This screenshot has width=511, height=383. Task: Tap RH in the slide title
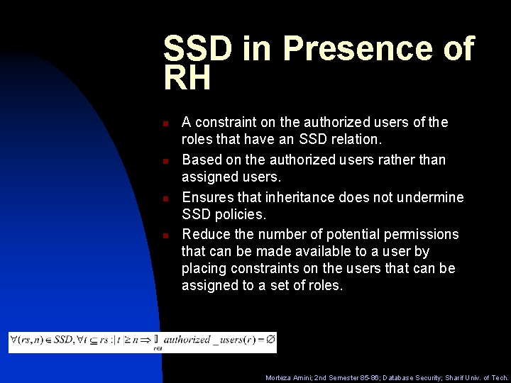coord(187,78)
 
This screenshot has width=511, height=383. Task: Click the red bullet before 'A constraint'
coord(165,123)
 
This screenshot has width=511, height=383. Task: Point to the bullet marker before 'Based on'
coord(165,161)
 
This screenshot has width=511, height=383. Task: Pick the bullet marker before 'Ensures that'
coord(165,199)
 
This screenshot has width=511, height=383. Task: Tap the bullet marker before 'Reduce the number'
coord(165,235)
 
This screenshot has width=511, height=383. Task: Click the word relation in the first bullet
coord(355,140)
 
